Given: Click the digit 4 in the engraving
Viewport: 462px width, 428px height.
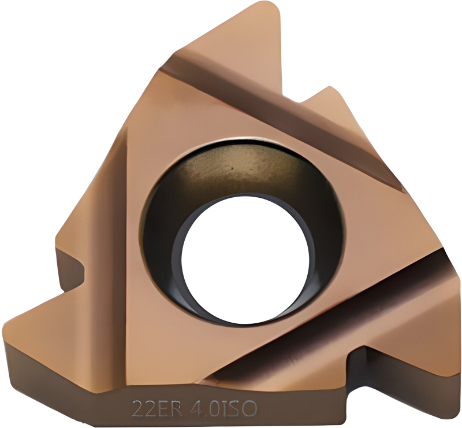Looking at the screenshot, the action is (x=191, y=408).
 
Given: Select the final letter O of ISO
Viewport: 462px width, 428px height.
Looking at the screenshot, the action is (x=250, y=409).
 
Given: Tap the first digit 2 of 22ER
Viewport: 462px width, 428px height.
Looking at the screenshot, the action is (x=137, y=408).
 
